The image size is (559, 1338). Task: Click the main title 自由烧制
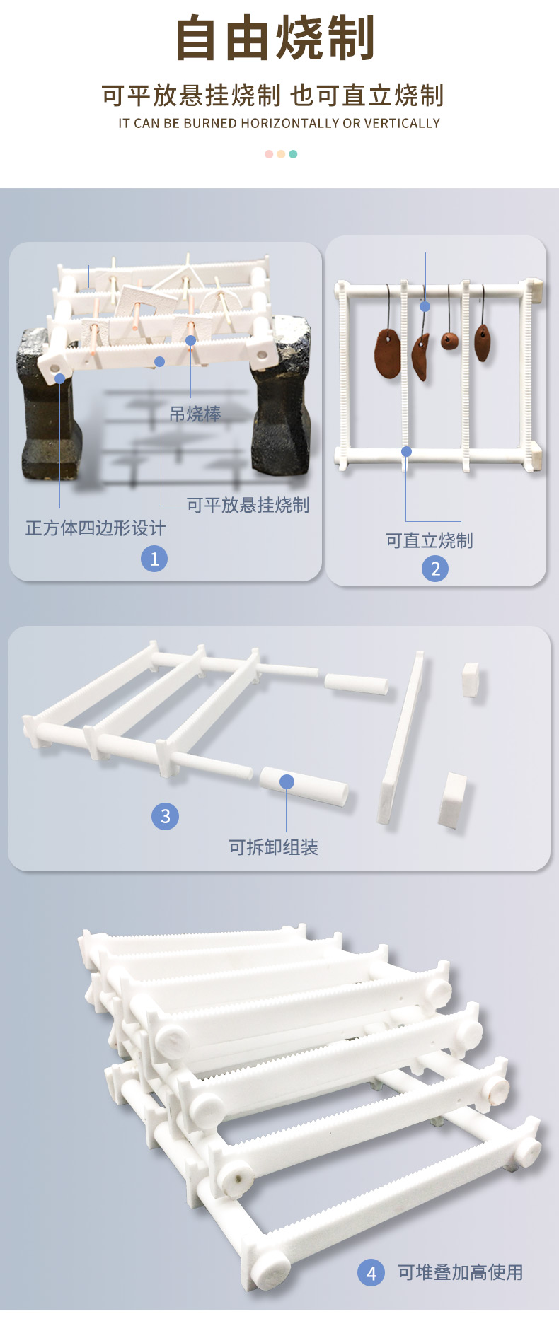click(275, 39)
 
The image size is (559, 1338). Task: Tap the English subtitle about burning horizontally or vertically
click(279, 123)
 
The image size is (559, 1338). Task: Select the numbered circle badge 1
click(154, 559)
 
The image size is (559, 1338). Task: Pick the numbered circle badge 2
click(435, 568)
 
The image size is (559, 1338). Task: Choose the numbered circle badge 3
click(165, 816)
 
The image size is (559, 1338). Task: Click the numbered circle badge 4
click(371, 1273)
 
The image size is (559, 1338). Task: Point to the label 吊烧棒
click(195, 414)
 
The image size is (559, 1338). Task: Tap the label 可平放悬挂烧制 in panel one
click(248, 505)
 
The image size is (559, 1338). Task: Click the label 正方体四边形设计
click(96, 528)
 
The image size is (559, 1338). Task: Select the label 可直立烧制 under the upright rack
click(429, 540)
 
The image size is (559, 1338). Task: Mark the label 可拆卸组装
click(273, 847)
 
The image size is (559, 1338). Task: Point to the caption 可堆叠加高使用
click(460, 1272)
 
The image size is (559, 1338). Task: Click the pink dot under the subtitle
click(269, 154)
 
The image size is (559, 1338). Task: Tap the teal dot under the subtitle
click(293, 154)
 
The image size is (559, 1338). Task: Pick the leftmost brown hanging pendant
click(388, 353)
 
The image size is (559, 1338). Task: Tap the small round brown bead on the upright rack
click(449, 342)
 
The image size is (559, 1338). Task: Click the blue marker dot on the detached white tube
click(287, 781)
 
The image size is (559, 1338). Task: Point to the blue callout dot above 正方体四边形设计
click(60, 378)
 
